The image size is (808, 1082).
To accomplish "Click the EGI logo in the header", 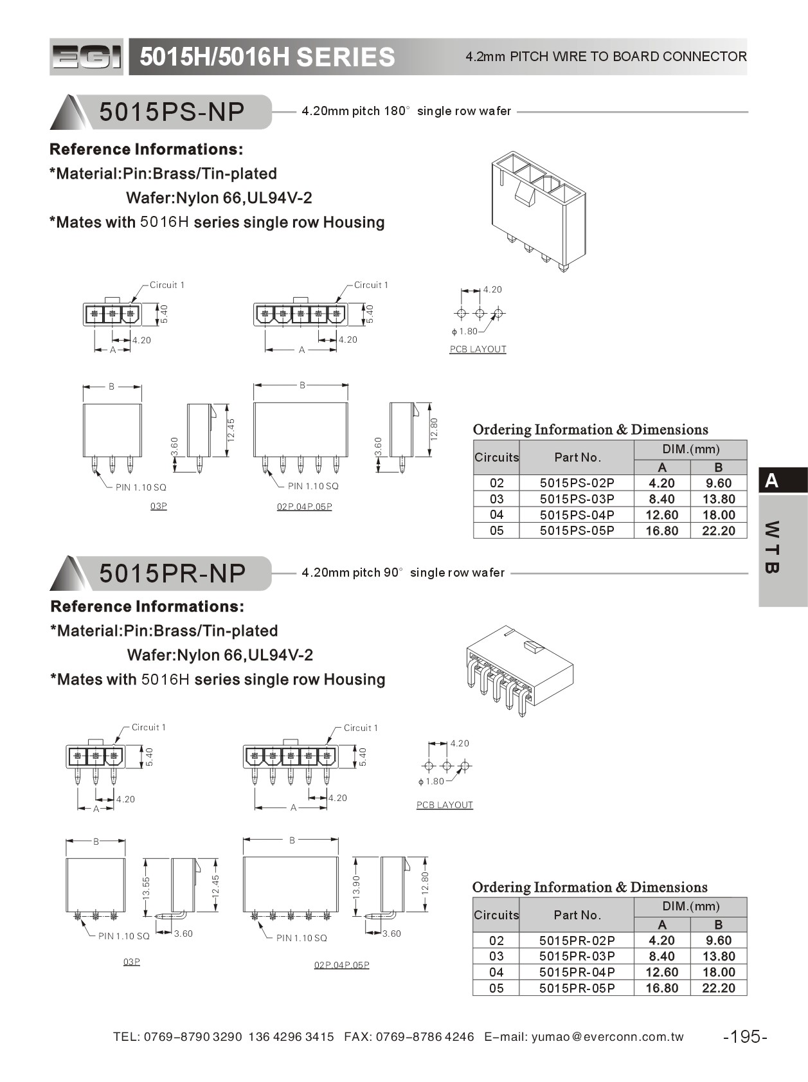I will tap(86, 57).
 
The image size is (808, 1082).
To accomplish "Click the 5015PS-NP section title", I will tap(172, 112).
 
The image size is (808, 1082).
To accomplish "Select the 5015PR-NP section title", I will tap(172, 573).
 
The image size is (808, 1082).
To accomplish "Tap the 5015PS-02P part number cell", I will tap(577, 483).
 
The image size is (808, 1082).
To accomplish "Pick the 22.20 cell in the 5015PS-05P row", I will tap(718, 530).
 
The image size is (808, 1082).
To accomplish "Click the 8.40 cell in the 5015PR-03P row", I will tap(661, 956).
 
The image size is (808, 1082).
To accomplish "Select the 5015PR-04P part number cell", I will tap(577, 972).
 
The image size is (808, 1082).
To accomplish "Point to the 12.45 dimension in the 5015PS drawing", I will tap(231, 429).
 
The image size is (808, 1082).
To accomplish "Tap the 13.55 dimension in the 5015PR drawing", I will tap(146, 887).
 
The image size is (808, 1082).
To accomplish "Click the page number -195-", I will tap(745, 1036).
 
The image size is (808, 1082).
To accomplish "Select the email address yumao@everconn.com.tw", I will tap(607, 1036).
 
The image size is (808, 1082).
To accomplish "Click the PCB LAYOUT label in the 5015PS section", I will tap(478, 349).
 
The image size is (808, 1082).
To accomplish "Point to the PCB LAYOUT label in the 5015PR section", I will tap(444, 805).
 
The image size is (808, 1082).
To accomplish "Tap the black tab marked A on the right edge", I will tap(782, 480).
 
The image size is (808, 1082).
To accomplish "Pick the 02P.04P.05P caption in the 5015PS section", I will tap(304, 507).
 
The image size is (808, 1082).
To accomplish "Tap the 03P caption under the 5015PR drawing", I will tap(131, 962).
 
